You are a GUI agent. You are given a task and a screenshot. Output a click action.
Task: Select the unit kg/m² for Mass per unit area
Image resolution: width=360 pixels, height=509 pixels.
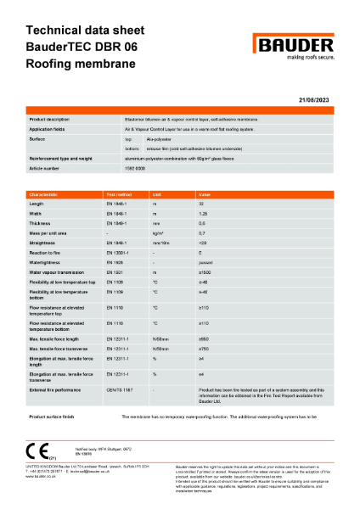pyautogui.click(x=158, y=232)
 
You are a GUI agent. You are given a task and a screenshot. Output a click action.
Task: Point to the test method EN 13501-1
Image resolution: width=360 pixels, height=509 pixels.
pyautogui.click(x=118, y=253)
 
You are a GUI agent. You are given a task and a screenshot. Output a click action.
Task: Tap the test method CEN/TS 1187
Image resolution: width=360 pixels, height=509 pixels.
pyautogui.click(x=118, y=389)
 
